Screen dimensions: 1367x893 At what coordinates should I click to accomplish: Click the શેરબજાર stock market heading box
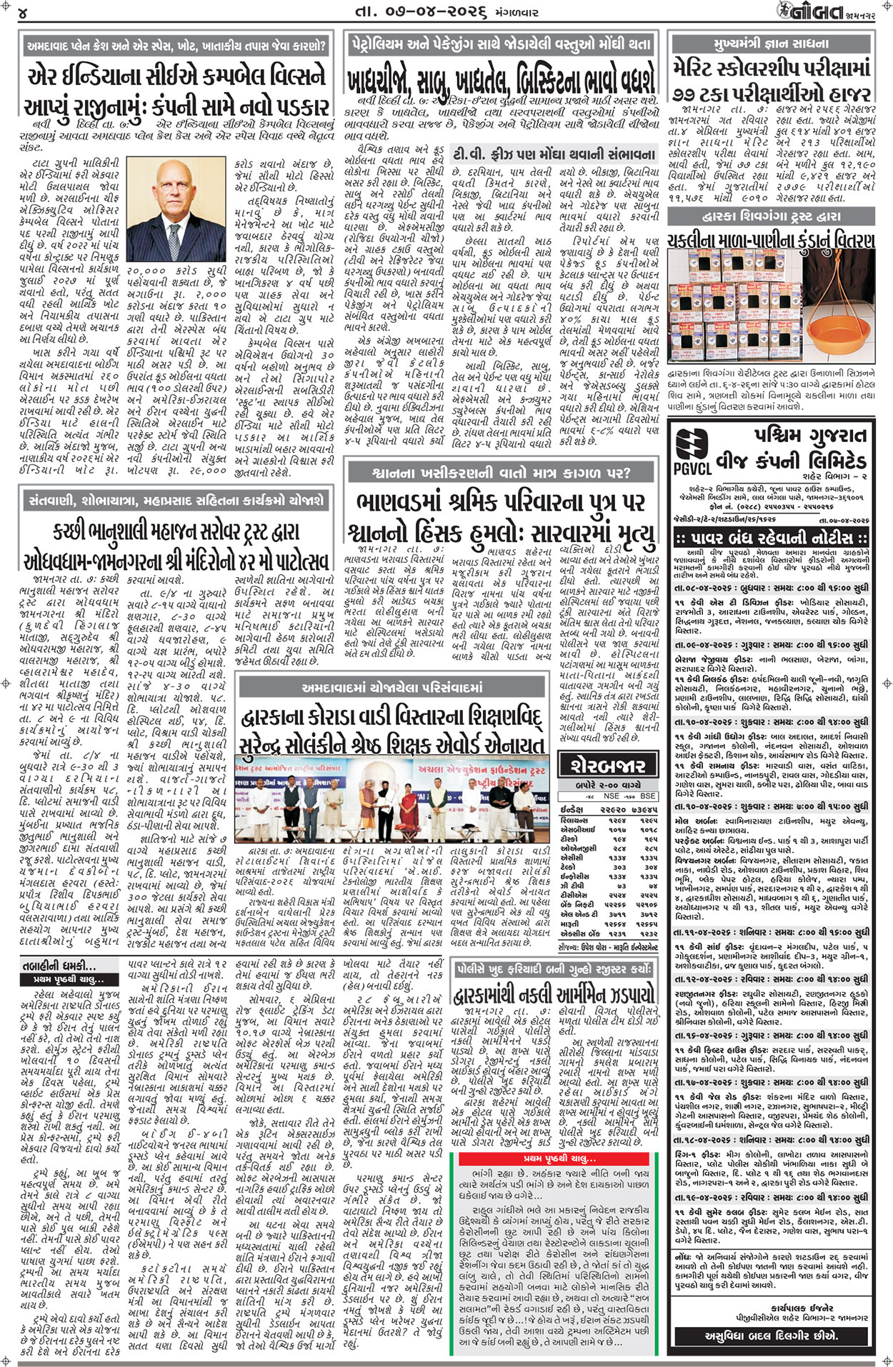coord(607,765)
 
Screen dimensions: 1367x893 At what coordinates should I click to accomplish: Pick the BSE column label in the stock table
coord(648,796)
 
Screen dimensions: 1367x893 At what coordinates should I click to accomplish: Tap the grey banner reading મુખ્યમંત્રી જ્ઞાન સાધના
coord(771,44)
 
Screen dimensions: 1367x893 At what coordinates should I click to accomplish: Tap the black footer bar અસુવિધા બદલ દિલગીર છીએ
coord(771,1334)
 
